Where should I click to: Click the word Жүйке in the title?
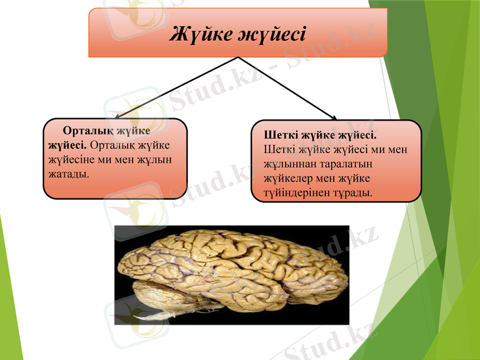click(199, 32)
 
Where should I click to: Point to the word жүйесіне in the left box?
click(73, 160)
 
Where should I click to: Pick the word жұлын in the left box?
click(155, 160)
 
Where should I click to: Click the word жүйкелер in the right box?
click(287, 178)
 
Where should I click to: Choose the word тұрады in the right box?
click(351, 193)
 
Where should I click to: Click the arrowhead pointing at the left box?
click(118, 118)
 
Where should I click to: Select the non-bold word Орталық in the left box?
click(112, 145)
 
